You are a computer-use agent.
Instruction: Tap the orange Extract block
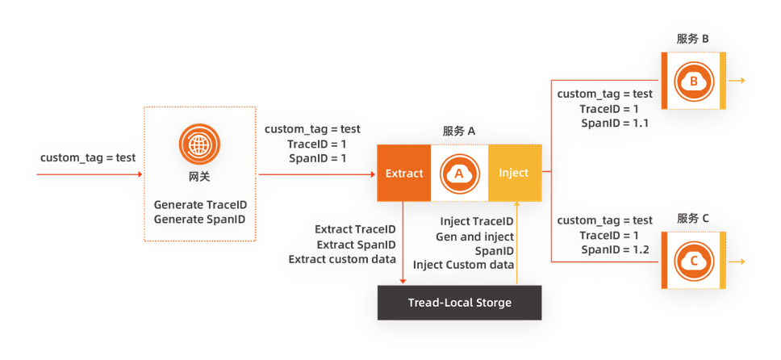(404, 173)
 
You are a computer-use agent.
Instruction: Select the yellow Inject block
(515, 173)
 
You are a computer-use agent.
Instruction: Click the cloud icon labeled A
(459, 173)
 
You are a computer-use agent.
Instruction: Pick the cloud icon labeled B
(694, 81)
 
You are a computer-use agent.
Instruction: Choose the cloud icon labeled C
(694, 261)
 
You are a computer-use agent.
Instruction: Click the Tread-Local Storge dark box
(459, 303)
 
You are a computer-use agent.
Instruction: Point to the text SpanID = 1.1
(615, 123)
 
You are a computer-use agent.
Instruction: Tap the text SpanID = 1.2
(615, 249)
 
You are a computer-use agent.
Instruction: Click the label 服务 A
(459, 131)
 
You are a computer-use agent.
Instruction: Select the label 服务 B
(693, 39)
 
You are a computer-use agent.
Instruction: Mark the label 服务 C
(693, 219)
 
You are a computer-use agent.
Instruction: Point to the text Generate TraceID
(200, 205)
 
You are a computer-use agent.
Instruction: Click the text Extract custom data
(342, 259)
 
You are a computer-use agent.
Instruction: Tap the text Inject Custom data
(463, 265)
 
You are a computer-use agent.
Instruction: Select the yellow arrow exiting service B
(736, 81)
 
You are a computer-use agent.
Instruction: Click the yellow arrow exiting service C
(736, 262)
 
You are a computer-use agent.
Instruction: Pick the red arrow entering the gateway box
(90, 174)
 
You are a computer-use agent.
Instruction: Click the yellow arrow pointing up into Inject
(517, 243)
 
